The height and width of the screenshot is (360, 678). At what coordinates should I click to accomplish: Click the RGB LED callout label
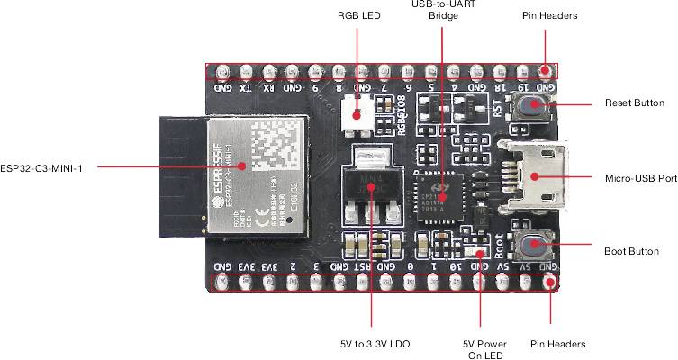pyautogui.click(x=359, y=16)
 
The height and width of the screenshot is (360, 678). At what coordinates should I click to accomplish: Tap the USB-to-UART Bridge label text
pyautogui.click(x=443, y=10)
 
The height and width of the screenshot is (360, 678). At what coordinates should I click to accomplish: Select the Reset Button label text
pyautogui.click(x=635, y=104)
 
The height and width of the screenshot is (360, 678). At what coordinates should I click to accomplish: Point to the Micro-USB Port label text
pyautogui.click(x=640, y=179)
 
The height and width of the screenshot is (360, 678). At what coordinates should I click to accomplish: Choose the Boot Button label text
pyautogui.click(x=632, y=251)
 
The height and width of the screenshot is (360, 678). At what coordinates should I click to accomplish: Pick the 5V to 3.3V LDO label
pyautogui.click(x=370, y=344)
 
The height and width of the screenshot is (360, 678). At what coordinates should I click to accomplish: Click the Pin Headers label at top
pyautogui.click(x=549, y=16)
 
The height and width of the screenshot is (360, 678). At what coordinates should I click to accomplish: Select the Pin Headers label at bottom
pyautogui.click(x=558, y=344)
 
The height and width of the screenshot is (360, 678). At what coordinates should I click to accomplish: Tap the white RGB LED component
pyautogui.click(x=357, y=114)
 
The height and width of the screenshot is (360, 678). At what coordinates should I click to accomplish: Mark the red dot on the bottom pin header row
pyautogui.click(x=549, y=283)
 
